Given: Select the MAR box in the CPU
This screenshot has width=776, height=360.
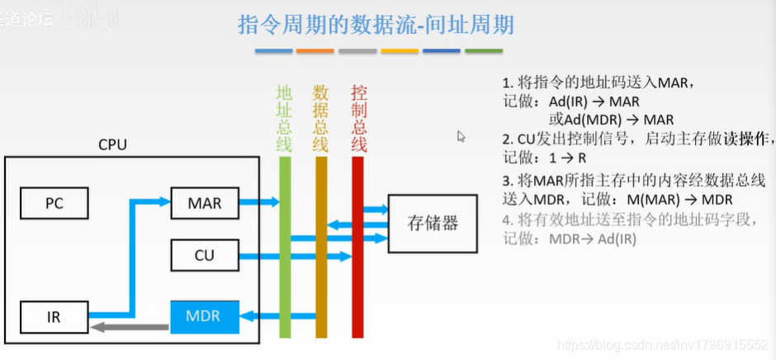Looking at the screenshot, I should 204,201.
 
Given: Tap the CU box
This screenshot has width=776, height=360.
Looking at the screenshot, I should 204,255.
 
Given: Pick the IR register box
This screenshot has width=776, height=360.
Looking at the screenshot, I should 54,316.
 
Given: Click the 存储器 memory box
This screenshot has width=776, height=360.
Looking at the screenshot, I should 432,224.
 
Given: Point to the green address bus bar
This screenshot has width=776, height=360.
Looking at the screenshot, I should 286,248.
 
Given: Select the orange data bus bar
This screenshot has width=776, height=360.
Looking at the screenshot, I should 321,248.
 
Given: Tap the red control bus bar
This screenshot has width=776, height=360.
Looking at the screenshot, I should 357,248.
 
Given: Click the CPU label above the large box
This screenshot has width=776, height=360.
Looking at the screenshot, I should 113,144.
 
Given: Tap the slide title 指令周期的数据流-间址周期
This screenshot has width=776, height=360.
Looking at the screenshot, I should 376,25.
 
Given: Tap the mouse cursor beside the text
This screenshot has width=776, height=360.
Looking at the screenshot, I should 461,136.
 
